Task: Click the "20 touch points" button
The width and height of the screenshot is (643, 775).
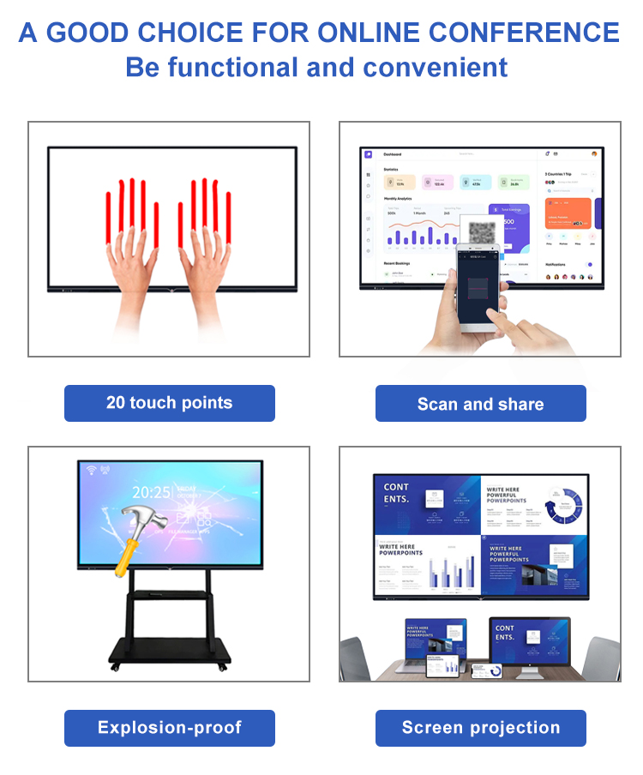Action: [x=169, y=403]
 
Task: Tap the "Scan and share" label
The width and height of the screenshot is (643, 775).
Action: [x=480, y=404]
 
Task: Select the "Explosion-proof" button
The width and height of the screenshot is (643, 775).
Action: [x=169, y=728]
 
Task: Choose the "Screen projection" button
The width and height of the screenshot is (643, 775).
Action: [x=480, y=728]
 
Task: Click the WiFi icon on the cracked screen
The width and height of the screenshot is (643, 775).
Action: [x=91, y=470]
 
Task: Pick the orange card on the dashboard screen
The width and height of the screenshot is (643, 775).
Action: [x=568, y=213]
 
